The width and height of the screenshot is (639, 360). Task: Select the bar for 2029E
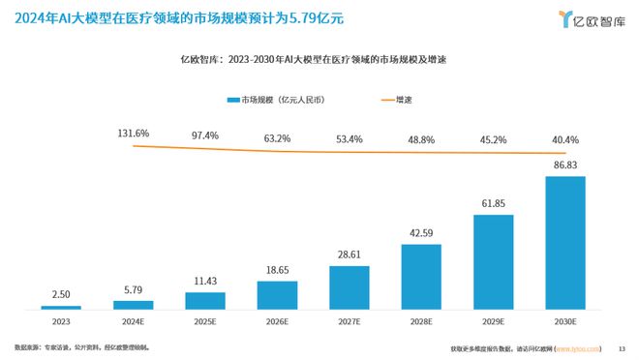(494, 262)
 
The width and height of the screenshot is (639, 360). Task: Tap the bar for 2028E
(421, 277)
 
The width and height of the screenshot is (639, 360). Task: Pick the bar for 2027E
(350, 287)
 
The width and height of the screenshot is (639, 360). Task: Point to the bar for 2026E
(277, 295)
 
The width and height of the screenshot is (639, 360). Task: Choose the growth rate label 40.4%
(566, 140)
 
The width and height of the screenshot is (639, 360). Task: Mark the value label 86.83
(566, 165)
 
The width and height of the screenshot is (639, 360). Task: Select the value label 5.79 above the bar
(133, 291)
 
